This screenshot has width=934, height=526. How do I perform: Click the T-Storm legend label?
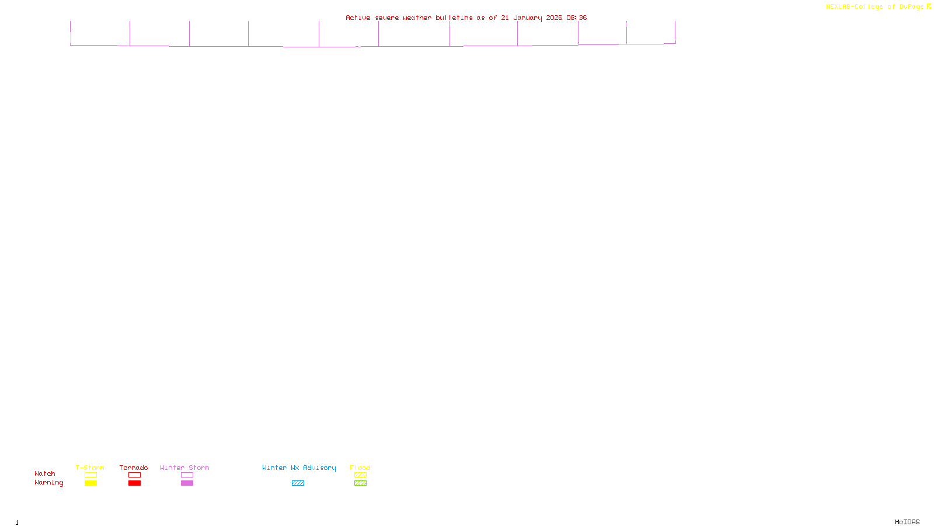point(90,468)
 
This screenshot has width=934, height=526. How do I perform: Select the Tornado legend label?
point(134,468)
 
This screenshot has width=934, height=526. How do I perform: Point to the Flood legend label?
point(360,468)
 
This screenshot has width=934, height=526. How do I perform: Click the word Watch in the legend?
point(45,473)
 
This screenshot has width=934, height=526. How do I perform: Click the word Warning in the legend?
point(48,483)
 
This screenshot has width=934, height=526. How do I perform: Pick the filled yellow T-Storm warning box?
point(90,483)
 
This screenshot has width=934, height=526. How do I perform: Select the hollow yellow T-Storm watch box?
point(90,475)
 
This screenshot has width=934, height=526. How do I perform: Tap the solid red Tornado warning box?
point(134,483)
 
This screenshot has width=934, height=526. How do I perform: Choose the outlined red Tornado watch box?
point(134,475)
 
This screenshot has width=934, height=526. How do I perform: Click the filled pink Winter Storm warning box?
point(187,483)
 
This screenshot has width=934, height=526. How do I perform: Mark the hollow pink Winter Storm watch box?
point(187,475)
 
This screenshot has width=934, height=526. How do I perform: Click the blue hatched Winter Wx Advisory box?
point(298,483)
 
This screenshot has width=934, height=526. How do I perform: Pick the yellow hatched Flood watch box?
point(360,475)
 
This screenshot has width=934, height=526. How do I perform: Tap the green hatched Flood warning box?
point(360,483)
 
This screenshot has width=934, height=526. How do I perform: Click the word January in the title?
point(528,18)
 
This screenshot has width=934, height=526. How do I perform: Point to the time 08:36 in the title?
point(577,18)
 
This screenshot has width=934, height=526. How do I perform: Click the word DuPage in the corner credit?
point(911,7)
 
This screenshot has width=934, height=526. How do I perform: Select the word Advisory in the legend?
point(319,468)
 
